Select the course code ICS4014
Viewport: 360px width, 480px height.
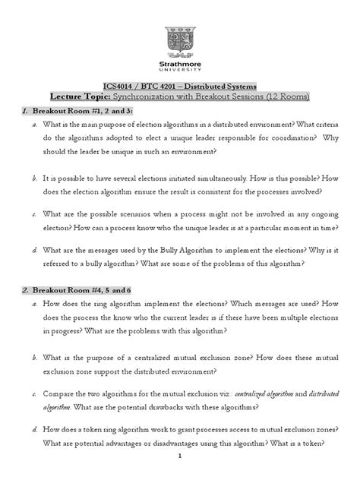point(121,87)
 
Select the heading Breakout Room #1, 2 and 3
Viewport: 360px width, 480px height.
point(75,112)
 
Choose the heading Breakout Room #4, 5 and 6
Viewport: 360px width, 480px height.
point(76,292)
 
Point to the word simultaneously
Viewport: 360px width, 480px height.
point(228,180)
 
